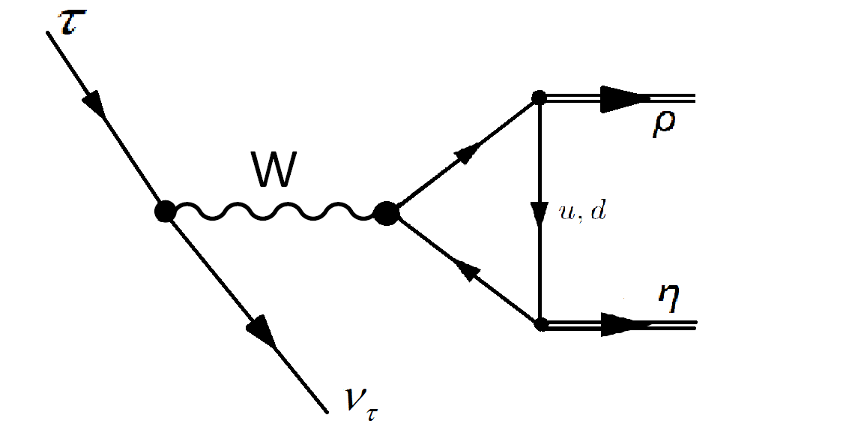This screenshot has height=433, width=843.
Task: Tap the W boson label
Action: tap(275, 173)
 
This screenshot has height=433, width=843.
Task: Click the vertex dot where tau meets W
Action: tap(165, 212)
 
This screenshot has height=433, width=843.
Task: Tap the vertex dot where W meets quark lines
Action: tap(387, 214)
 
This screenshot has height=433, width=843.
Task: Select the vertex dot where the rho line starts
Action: tap(538, 98)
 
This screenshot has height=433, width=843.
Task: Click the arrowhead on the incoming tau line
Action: tap(95, 103)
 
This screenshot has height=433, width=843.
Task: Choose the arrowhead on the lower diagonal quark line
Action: tap(466, 271)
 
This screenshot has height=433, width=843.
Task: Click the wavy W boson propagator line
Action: tap(275, 213)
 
